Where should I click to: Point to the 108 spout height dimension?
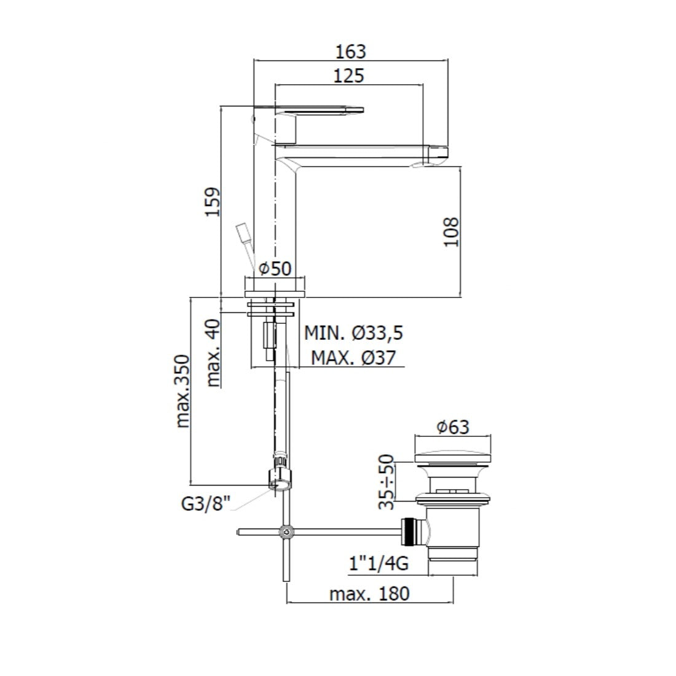pos(451,231)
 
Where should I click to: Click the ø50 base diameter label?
pos(274,269)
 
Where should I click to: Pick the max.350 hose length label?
pos(183,391)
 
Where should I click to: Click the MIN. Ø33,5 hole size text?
pos(353,333)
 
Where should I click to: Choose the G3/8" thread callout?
pos(205,504)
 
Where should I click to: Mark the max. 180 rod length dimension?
pos(369,594)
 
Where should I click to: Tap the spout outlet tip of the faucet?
pos(438,154)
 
